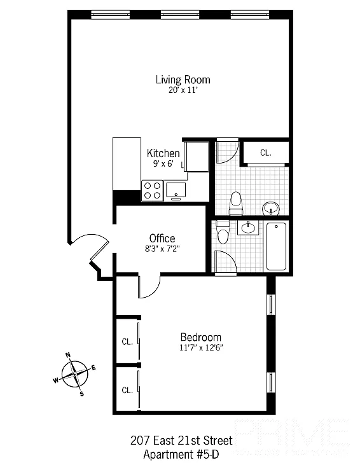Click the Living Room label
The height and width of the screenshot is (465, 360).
(183, 80)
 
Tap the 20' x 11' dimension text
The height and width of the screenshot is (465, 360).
(183, 90)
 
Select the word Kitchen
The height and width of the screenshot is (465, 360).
(163, 153)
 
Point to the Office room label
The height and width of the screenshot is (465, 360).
(162, 239)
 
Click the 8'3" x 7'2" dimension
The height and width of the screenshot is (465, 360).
(162, 249)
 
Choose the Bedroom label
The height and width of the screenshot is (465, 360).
(200, 337)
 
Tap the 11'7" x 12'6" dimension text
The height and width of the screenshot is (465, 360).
(200, 347)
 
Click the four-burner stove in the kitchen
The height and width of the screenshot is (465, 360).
(152, 191)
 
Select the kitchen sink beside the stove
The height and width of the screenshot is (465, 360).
(175, 189)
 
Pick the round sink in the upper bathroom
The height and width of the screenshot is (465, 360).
(271, 207)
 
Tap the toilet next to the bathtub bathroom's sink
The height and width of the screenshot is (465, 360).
(223, 233)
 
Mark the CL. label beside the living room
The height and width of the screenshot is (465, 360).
(266, 153)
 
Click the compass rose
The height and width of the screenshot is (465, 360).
(76, 374)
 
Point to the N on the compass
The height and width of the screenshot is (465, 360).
(68, 356)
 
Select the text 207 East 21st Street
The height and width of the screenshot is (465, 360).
(181, 441)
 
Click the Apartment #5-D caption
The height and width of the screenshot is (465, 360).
(181, 454)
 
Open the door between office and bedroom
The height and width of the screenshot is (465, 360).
(148, 288)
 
